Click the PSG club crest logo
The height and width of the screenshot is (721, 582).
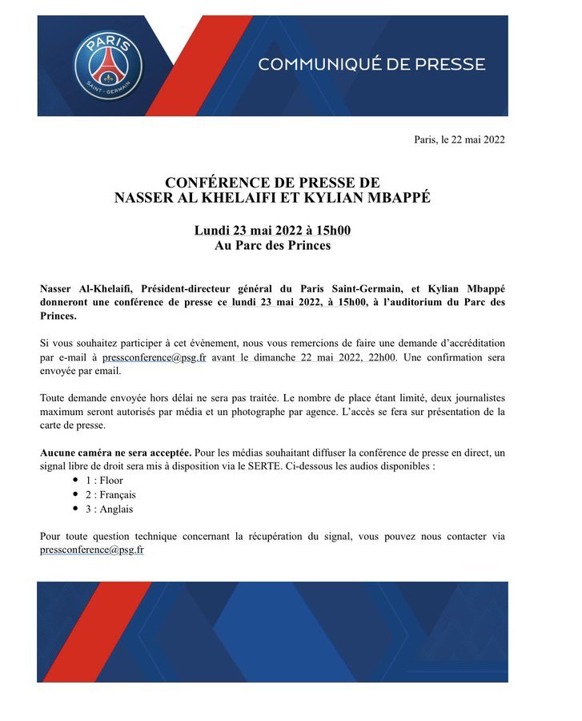pyautogui.click(x=107, y=65)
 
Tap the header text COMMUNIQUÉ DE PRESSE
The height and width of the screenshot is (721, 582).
pyautogui.click(x=371, y=64)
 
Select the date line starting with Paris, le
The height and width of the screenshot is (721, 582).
pyautogui.click(x=459, y=140)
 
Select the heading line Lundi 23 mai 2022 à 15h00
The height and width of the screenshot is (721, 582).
pyautogui.click(x=272, y=231)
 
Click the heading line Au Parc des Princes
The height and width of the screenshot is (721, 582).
pyautogui.click(x=272, y=246)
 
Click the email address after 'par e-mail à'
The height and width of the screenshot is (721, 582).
pyautogui.click(x=154, y=357)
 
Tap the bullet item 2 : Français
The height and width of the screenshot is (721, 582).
pyautogui.click(x=111, y=495)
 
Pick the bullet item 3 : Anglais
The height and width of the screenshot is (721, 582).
pyautogui.click(x=110, y=509)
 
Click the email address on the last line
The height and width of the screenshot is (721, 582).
pyautogui.click(x=91, y=550)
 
